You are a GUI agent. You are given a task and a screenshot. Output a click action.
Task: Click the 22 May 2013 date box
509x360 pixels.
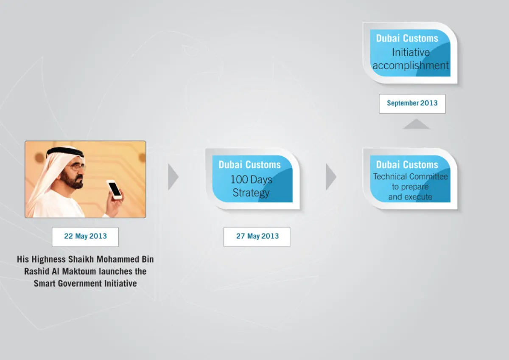(85, 237)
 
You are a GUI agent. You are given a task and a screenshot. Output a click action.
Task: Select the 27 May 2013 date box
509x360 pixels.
(257, 237)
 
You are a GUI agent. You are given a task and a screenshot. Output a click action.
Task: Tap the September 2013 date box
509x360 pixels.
(412, 104)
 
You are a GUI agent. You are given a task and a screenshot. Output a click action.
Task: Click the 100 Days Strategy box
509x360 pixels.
(252, 179)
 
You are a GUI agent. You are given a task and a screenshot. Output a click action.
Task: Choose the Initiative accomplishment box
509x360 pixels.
(410, 53)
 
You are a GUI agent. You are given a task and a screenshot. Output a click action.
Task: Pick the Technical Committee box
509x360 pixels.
(410, 179)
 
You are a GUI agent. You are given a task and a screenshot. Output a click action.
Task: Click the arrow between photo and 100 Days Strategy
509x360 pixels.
(173, 177)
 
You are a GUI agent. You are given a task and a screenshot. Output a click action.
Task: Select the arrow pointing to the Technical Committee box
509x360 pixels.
(331, 177)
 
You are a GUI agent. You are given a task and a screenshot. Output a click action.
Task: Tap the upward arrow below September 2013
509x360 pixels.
(416, 124)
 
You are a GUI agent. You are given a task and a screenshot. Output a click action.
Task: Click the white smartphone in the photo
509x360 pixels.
(115, 189)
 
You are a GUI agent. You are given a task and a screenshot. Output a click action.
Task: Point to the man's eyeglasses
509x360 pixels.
(77, 168)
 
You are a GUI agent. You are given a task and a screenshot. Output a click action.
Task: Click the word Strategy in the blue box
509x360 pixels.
(251, 193)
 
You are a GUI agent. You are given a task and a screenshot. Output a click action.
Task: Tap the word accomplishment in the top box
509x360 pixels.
(411, 65)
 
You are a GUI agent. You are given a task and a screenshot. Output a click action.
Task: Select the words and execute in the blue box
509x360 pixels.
(410, 197)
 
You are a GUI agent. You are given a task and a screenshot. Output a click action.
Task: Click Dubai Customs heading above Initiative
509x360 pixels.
(407, 38)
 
